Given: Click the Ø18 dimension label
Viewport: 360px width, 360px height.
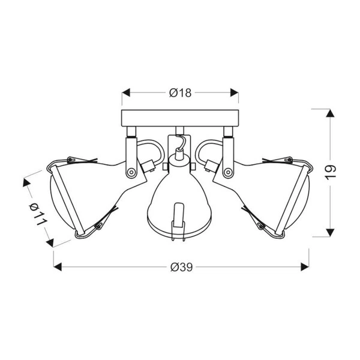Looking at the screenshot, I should click(x=180, y=92).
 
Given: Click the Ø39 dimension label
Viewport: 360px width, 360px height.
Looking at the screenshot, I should click(x=180, y=268).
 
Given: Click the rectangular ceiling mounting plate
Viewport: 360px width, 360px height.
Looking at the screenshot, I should click(x=180, y=117).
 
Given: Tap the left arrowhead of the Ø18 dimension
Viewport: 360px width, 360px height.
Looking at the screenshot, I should click(x=126, y=92).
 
